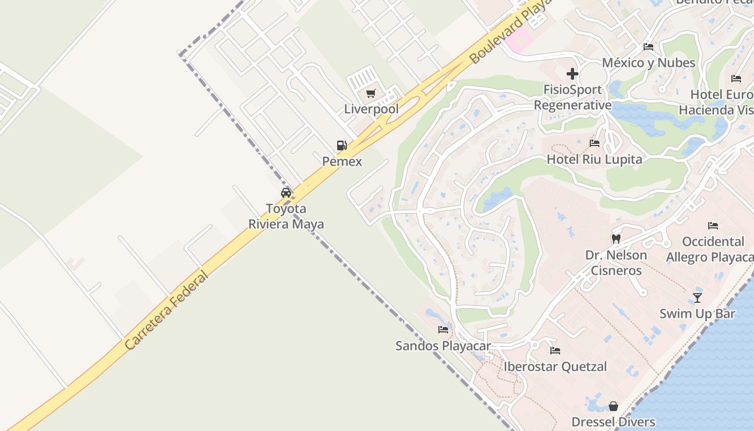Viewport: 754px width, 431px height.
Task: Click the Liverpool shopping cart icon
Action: point(371,94)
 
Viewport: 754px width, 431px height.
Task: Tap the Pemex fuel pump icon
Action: point(341,145)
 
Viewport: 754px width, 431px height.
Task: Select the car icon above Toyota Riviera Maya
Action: point(286,193)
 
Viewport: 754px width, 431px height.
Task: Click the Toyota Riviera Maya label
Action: point(286,216)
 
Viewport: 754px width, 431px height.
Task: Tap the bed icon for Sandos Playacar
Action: point(443,329)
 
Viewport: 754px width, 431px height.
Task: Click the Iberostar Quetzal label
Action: point(555,367)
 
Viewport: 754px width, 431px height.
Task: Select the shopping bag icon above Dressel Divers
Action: point(613,406)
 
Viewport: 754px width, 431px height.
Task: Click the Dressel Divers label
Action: point(613,422)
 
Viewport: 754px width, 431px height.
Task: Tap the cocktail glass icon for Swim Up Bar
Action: point(697,297)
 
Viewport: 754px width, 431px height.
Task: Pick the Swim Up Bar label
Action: point(697,314)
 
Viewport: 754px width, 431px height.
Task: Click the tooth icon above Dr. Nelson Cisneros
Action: point(616,239)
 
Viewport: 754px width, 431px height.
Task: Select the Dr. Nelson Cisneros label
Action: point(616,262)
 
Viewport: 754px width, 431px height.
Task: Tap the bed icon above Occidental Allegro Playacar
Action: point(713,225)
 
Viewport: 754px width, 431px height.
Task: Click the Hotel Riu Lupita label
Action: point(595,159)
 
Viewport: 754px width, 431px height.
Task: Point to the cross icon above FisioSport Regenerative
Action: point(573,74)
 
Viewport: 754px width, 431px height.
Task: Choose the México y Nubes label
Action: point(648,63)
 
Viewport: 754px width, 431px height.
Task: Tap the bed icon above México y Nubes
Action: point(648,47)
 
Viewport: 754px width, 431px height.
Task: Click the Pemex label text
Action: point(342,161)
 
